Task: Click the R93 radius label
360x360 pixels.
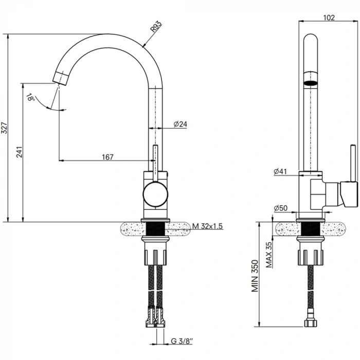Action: point(156,26)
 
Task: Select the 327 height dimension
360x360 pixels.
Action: point(5,128)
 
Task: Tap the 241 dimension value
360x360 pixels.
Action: point(20,152)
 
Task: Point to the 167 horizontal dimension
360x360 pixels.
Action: point(107,157)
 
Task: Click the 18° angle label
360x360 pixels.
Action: point(30,97)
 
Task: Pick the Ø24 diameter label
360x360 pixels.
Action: point(180,124)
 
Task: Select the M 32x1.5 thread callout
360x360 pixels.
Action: point(208,226)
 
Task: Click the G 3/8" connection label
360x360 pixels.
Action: point(182,341)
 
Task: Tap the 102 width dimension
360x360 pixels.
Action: point(329,17)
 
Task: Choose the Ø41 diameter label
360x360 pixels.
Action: point(280,171)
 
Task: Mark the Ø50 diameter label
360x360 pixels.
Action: point(281,208)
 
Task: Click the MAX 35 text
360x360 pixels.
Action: point(269,255)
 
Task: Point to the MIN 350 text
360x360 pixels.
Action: point(255,276)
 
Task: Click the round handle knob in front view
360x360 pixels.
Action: point(155,194)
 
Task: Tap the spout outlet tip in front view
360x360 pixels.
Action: point(61,78)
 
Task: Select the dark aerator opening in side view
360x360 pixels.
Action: point(311,83)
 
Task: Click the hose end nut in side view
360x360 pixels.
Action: point(311,323)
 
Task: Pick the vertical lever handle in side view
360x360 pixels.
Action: point(353,163)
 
